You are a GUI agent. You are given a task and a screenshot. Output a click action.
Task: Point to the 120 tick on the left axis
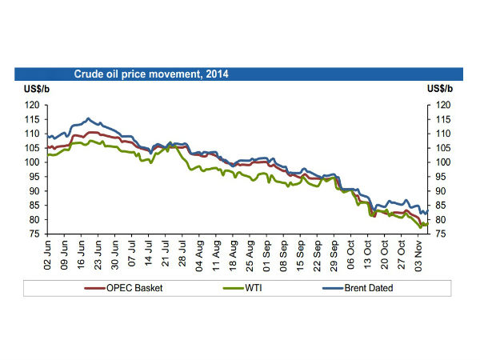(33, 105)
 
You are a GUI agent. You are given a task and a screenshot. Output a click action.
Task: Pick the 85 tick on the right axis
(442, 206)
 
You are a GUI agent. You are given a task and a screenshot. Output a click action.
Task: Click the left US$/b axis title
(28, 89)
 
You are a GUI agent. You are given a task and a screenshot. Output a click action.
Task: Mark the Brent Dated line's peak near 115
(88, 118)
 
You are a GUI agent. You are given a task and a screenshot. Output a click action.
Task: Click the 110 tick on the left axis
(33, 134)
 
